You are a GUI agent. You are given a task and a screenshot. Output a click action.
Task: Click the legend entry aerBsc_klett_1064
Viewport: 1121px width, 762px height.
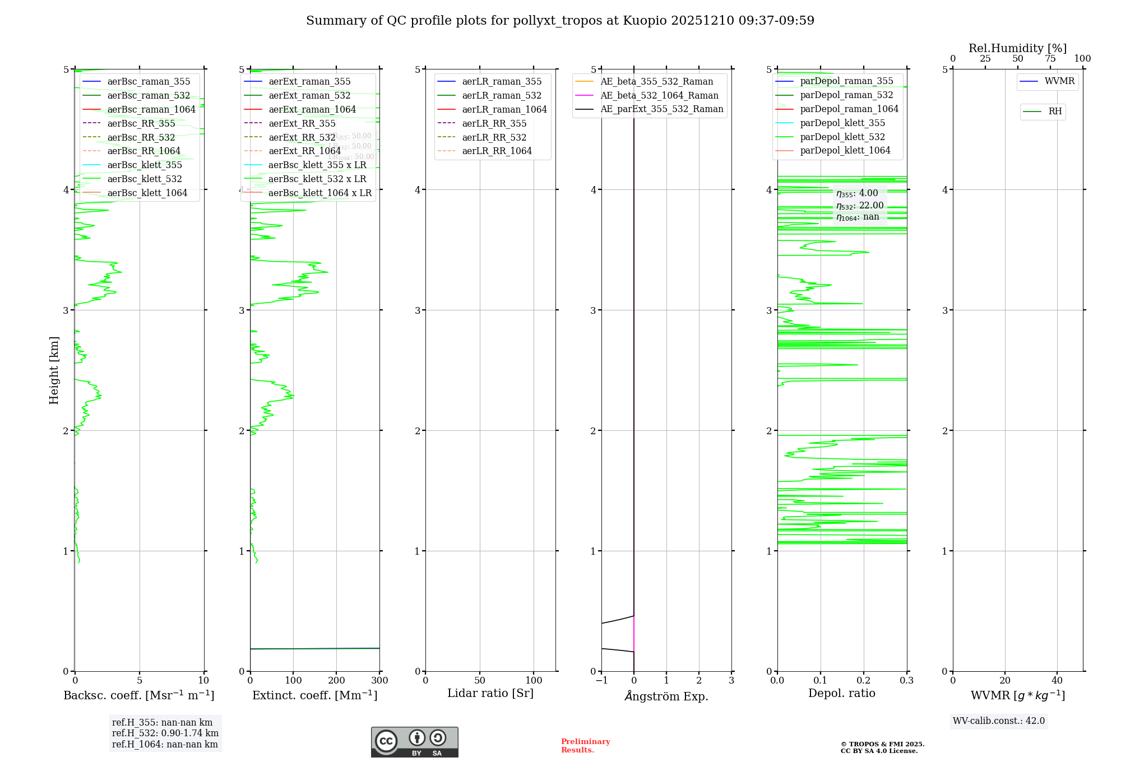(x=147, y=193)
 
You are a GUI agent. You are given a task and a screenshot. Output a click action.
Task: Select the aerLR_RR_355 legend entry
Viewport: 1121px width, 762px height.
(x=494, y=123)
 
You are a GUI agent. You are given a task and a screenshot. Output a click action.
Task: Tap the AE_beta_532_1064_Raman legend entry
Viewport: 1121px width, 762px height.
(x=659, y=96)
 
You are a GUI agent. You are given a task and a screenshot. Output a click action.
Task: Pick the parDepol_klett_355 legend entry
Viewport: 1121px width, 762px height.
(x=842, y=123)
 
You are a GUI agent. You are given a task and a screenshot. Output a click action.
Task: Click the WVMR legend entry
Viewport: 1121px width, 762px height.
(x=1059, y=82)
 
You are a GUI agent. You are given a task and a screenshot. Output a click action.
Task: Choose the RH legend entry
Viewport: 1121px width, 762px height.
(x=1054, y=112)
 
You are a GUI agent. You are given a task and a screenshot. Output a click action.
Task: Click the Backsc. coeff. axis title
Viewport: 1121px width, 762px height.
(x=139, y=695)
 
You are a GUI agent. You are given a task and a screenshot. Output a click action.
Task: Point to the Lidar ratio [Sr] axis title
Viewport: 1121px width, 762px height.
(x=490, y=694)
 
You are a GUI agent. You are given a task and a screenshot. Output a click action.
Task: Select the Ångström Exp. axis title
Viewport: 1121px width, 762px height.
(x=666, y=696)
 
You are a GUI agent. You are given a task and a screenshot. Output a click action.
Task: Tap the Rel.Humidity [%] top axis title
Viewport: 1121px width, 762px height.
(x=1017, y=49)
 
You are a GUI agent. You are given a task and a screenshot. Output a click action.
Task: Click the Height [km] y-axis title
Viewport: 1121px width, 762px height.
(x=54, y=370)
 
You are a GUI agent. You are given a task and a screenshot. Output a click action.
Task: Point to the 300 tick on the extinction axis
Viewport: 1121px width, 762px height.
(x=379, y=681)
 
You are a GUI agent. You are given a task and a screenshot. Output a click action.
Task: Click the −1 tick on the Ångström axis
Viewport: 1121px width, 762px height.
(x=601, y=681)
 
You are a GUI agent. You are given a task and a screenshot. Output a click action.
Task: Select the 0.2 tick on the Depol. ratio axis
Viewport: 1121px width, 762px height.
(x=864, y=681)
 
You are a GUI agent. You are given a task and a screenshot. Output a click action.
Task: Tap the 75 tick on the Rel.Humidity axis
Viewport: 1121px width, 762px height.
(x=1050, y=59)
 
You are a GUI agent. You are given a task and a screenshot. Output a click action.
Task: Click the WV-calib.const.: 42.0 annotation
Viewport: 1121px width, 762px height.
(x=999, y=721)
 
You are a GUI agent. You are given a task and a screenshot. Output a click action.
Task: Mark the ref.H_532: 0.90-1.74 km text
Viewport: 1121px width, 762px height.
(x=165, y=733)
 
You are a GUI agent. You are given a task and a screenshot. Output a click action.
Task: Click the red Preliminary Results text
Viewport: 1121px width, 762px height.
(x=586, y=746)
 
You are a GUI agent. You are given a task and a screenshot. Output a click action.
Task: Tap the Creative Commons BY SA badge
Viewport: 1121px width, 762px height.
(x=414, y=742)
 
